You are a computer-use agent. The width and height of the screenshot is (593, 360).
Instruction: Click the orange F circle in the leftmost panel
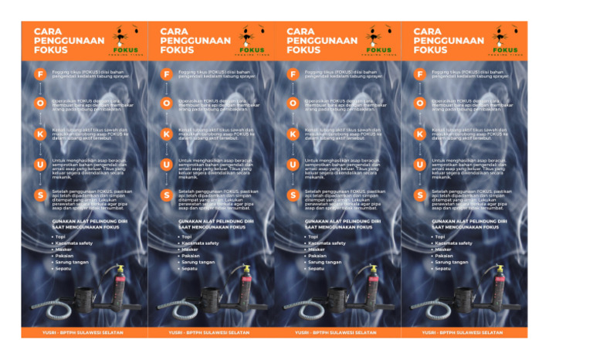coord(40,74)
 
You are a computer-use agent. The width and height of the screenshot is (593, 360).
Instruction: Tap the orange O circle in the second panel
coord(167,104)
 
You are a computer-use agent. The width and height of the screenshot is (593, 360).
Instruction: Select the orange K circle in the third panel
coord(293,134)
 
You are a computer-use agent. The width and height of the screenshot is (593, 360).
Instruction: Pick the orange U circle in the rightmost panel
coord(420,164)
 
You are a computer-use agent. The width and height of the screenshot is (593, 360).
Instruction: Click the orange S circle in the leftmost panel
coord(40,195)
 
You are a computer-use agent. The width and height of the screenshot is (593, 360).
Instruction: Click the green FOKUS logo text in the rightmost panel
coord(506,50)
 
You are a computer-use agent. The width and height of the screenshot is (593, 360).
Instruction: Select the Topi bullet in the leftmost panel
coord(59,236)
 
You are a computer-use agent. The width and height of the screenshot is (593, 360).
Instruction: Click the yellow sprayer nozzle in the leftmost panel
coord(121,267)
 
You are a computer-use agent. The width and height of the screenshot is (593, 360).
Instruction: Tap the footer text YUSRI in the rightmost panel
coord(430,332)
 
